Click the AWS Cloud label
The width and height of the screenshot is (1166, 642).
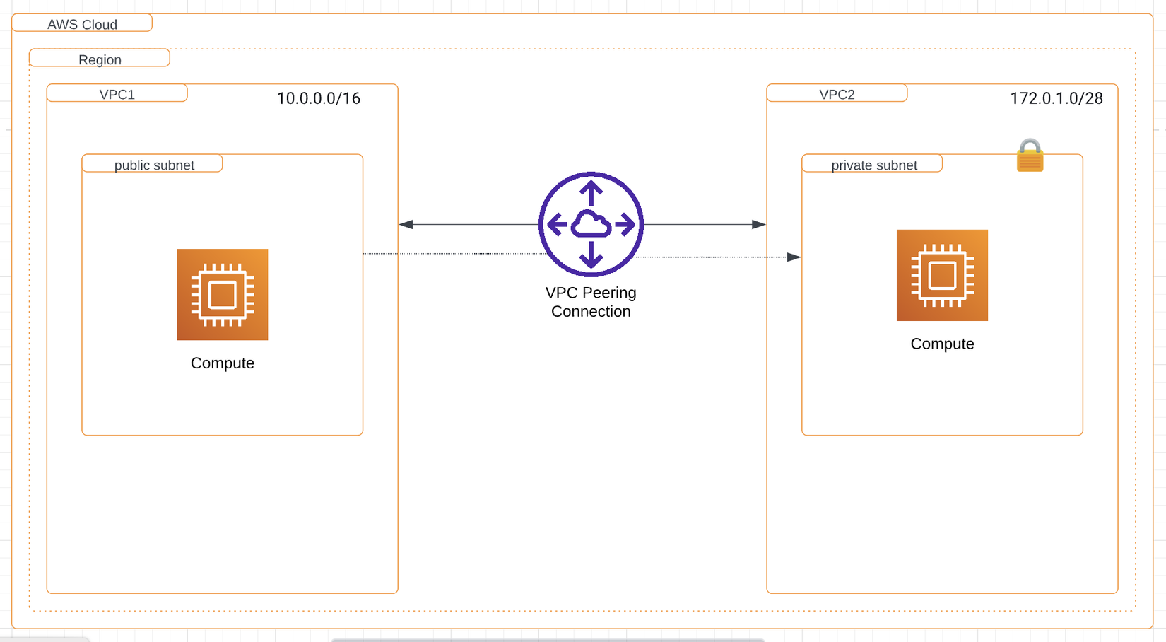click(x=82, y=24)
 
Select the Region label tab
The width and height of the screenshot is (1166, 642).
click(x=100, y=59)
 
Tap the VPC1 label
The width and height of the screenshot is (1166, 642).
click(x=117, y=94)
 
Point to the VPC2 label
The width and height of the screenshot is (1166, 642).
click(x=837, y=94)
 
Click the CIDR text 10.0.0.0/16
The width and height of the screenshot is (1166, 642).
click(x=318, y=98)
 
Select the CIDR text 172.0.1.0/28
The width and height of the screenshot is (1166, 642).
click(x=1056, y=98)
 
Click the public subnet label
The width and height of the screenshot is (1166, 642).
click(x=154, y=165)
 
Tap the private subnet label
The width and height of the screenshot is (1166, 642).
click(x=874, y=165)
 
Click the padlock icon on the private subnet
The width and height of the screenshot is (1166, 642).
click(x=1030, y=156)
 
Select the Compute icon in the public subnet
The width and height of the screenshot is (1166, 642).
click(x=222, y=294)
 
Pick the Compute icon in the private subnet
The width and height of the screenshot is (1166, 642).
click(x=942, y=275)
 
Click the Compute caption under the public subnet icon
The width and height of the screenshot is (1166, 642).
click(x=222, y=363)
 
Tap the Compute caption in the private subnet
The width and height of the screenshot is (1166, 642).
click(x=942, y=344)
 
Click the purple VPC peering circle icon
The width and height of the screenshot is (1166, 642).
click(x=591, y=224)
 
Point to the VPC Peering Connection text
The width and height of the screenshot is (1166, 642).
click(x=591, y=302)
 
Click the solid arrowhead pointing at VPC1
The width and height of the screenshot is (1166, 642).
click(x=406, y=224)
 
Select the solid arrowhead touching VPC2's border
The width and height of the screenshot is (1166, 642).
click(x=759, y=224)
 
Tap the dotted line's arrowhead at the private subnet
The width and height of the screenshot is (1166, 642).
click(x=794, y=257)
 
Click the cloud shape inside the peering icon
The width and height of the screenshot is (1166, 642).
click(x=591, y=225)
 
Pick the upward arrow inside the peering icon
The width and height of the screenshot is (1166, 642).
click(x=591, y=192)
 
